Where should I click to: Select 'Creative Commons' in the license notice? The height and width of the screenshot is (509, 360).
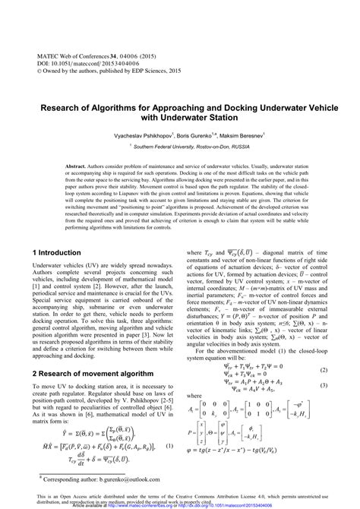point(226,497)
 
